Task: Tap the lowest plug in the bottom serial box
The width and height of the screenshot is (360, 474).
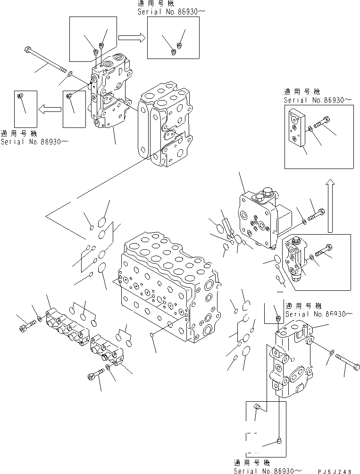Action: [278, 441]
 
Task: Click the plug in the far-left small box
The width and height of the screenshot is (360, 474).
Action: [20, 96]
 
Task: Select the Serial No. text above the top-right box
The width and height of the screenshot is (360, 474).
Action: [318, 101]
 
